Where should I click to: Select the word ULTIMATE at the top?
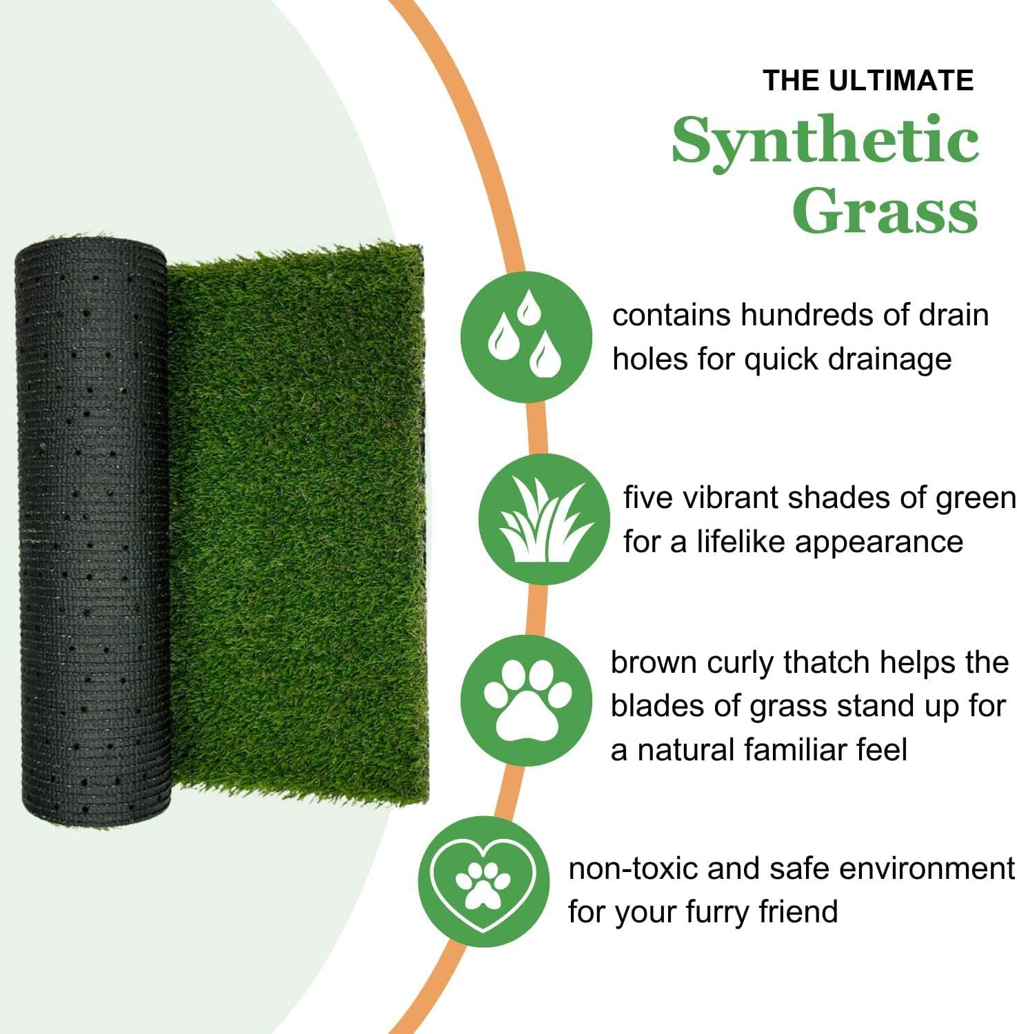tap(901, 81)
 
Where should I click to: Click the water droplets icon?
tap(526, 336)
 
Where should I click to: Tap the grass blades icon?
tap(544, 520)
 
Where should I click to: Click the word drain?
tap(954, 315)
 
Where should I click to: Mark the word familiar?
tap(802, 750)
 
